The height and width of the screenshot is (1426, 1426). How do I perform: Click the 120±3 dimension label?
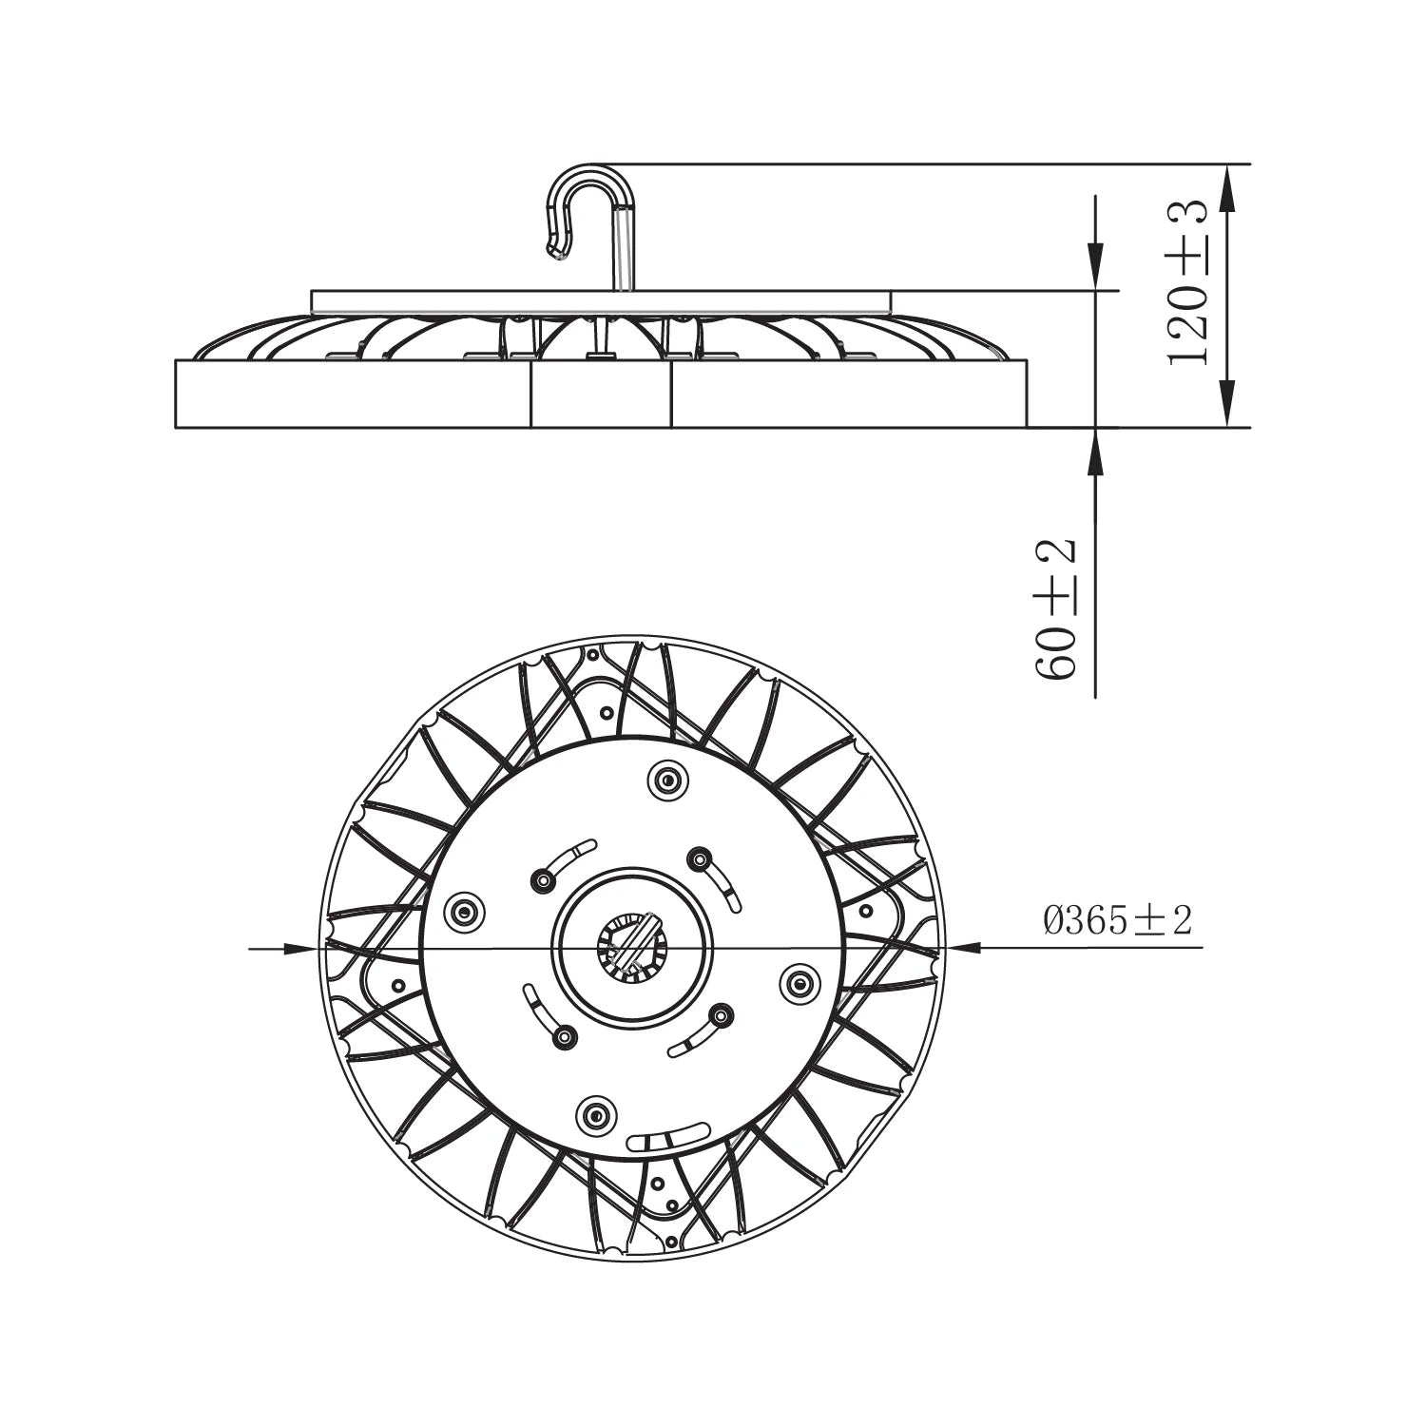click(x=1188, y=283)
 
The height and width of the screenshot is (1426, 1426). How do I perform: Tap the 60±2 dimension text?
click(x=1055, y=608)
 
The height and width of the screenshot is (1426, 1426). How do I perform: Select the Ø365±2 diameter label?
click(x=1117, y=920)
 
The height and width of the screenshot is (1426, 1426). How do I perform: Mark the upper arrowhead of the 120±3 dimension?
click(x=1226, y=185)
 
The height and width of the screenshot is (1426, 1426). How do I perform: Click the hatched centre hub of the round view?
click(x=628, y=947)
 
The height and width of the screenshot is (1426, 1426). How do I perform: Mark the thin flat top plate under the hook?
click(x=601, y=301)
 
